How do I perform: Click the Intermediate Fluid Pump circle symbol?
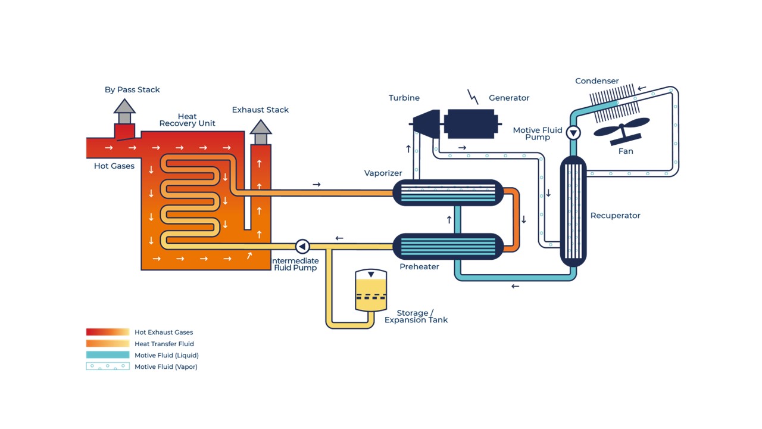click(x=302, y=246)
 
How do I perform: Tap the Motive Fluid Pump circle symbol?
click(x=573, y=132)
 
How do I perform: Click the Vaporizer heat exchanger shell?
click(x=448, y=193)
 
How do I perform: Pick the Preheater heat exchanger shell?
click(x=448, y=246)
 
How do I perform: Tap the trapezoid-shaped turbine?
click(x=427, y=124)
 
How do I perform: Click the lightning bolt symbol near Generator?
click(x=473, y=97)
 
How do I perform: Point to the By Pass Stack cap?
click(x=124, y=107)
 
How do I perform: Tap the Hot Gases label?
click(x=114, y=166)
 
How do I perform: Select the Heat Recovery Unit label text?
click(x=187, y=120)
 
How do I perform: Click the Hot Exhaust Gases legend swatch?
click(x=108, y=332)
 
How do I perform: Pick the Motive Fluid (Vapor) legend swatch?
click(x=108, y=366)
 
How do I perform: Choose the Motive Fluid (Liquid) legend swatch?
click(x=108, y=355)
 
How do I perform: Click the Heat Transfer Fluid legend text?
click(x=164, y=344)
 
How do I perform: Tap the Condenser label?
click(x=597, y=81)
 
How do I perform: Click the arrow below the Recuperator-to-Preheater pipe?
click(x=516, y=287)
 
